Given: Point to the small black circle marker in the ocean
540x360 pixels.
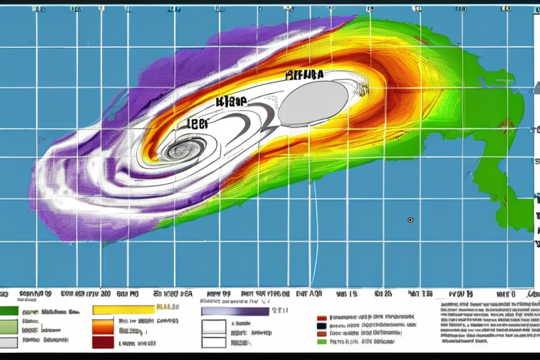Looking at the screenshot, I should point(410,220).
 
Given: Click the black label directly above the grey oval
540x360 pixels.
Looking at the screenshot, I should point(304,74).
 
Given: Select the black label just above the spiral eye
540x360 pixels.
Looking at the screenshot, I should point(198,124).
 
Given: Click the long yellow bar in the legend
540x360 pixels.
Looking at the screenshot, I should point(123,309).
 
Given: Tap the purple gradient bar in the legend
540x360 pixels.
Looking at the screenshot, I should point(235,311).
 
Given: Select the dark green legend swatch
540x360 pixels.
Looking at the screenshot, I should point(8,310).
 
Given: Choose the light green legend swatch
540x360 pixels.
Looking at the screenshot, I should point(8,326).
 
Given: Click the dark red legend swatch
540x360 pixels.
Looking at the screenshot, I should point(103,343).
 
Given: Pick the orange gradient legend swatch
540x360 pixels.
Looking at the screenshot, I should point(103,326).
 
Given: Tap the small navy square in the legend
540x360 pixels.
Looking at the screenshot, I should point(322,326).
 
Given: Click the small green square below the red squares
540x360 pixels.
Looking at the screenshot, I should point(322,341).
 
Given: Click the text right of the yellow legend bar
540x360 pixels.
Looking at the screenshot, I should point(167,307).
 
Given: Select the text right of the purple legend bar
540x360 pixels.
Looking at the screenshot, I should point(281,309).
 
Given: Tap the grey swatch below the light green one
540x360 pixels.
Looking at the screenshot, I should point(8,342).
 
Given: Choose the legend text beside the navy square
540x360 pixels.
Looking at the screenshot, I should point(373,326).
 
